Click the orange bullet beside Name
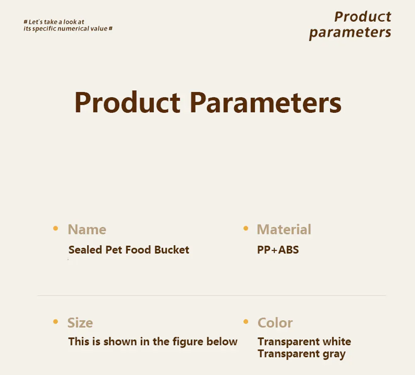[56, 228]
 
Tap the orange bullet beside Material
[246, 228]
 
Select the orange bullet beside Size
[56, 321]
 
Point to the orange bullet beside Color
[246, 321]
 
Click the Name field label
[87, 229]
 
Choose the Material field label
[284, 229]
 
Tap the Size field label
[80, 323]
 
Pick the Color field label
[275, 323]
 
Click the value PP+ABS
[278, 250]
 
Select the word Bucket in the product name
[172, 250]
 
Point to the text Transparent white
[304, 342]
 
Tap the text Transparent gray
[302, 354]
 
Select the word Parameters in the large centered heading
[266, 102]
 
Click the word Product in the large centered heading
[127, 102]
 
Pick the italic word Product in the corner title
[363, 17]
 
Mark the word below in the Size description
[222, 342]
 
